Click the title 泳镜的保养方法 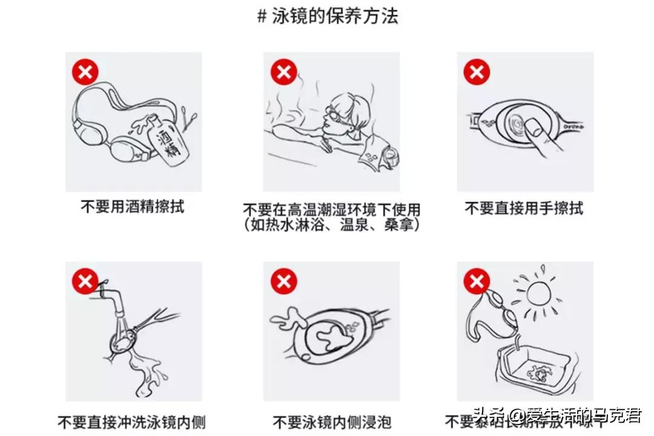pyautogui.click(x=328, y=16)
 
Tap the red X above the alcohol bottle pyautogui.click(x=85, y=72)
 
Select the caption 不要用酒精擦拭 pyautogui.click(x=132, y=206)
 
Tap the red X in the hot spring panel pyautogui.click(x=283, y=72)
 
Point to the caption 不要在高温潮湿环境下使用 pyautogui.click(x=331, y=210)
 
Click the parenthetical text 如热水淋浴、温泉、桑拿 pyautogui.click(x=331, y=225)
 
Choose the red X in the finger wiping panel pyautogui.click(x=477, y=72)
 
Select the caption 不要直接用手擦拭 pyautogui.click(x=524, y=208)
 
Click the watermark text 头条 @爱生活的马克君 pyautogui.click(x=557, y=417)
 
